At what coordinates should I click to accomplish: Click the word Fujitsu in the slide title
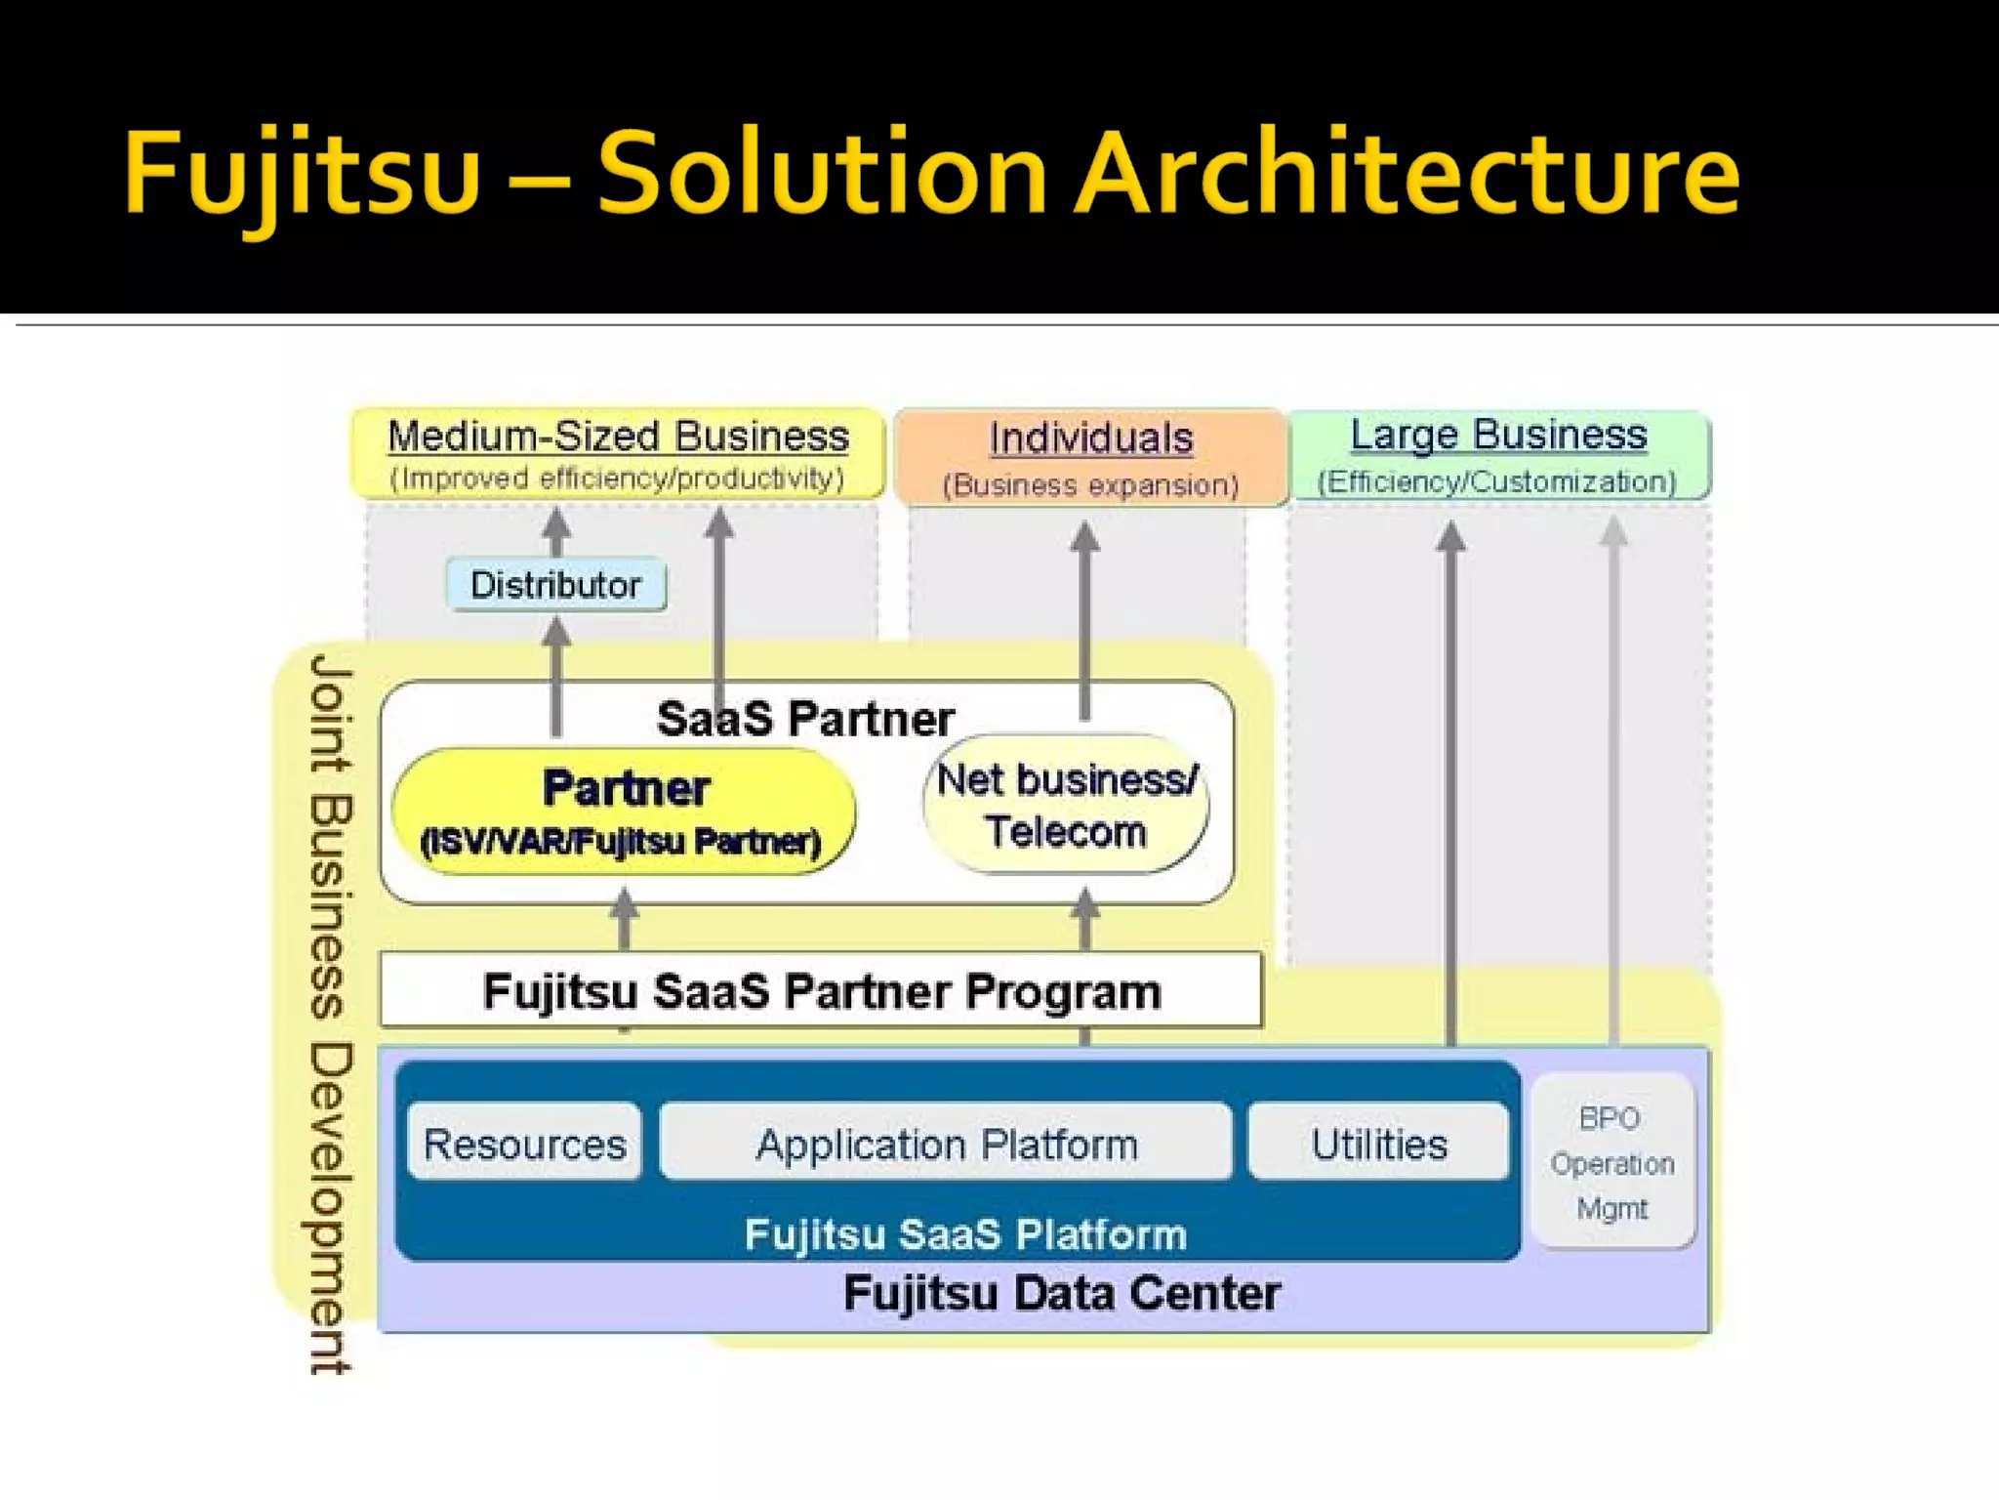(x=303, y=174)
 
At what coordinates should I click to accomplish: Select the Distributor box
(x=555, y=585)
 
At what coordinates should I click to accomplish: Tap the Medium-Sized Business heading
(x=618, y=437)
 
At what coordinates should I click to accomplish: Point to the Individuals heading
(x=1090, y=438)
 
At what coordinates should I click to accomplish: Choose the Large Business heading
(x=1498, y=435)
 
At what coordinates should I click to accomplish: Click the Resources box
(x=525, y=1144)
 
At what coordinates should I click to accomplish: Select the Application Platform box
(x=946, y=1144)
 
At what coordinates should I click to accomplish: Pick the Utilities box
(x=1378, y=1144)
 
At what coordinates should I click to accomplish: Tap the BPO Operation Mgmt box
(x=1612, y=1162)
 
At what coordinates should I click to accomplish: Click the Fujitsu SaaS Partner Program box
(x=821, y=991)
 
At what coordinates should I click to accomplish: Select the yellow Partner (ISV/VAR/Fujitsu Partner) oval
(x=623, y=812)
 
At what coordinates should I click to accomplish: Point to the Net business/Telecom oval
(x=1066, y=806)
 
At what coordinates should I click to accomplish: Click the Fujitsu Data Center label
(x=1061, y=1293)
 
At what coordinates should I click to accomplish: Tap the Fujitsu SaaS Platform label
(x=965, y=1234)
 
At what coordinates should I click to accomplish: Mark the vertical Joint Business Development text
(x=330, y=1016)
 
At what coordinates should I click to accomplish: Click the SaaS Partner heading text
(x=804, y=719)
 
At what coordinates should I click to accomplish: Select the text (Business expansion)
(x=1090, y=485)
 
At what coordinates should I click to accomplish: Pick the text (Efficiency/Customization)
(x=1496, y=481)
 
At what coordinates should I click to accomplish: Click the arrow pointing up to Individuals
(x=1085, y=625)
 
